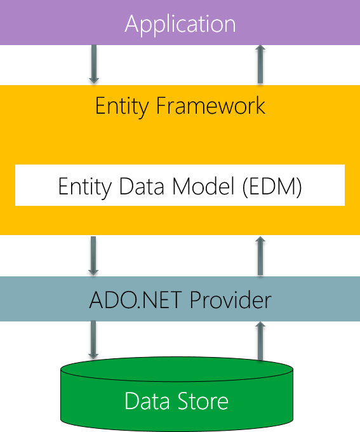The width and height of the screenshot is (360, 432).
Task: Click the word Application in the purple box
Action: (x=180, y=24)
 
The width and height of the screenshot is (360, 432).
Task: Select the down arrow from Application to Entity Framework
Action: (x=94, y=64)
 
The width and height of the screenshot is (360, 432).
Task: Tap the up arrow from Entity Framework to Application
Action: (x=260, y=64)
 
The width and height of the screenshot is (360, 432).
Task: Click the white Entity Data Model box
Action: (x=180, y=185)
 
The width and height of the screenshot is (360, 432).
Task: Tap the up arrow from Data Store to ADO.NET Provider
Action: (x=260, y=340)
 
